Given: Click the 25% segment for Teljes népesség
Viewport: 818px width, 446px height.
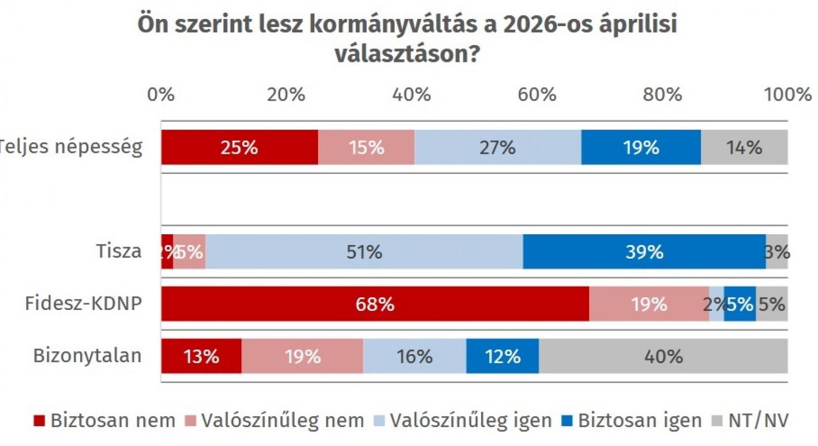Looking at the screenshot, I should coord(239,147).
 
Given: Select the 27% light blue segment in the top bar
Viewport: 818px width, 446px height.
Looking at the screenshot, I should coord(497,147).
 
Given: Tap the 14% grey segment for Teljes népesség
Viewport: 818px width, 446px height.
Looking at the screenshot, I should coord(744,147).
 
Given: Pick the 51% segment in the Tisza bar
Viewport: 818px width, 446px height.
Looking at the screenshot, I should coord(364,252).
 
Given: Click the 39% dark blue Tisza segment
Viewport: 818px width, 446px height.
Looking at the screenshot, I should coord(644,252).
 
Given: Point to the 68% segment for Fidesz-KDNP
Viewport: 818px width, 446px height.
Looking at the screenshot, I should coord(375,304).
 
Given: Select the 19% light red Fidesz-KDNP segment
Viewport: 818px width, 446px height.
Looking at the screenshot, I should coord(649,304).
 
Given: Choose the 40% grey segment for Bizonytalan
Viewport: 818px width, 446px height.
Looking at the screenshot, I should coord(663,356).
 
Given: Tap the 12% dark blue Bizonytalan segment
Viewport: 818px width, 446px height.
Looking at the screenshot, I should coord(503,356).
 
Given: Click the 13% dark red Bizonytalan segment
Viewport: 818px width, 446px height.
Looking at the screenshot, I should coord(201,356).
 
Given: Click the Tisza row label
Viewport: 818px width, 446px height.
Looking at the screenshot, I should coord(119,251).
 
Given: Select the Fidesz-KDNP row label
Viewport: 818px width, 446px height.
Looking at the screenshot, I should coord(83,303).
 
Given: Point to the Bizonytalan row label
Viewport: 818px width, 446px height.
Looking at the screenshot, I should coord(87,355).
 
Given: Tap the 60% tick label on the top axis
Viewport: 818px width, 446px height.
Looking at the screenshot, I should coord(537,95).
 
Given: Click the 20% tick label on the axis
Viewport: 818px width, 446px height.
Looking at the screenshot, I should coord(286,95).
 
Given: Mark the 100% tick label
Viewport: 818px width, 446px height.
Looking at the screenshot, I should coord(787,95).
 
